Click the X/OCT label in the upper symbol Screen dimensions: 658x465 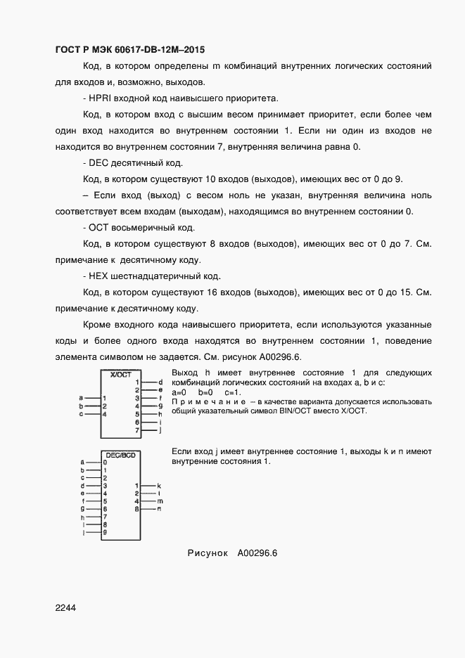[121, 375]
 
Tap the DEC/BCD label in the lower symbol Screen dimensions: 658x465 [120, 455]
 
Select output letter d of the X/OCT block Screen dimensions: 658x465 [161, 381]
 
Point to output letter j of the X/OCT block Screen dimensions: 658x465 [161, 430]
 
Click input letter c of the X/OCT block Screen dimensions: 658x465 [81, 414]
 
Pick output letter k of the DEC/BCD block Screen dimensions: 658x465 [160, 486]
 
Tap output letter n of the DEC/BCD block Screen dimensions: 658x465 [160, 508]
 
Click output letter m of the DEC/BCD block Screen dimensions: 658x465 [160, 501]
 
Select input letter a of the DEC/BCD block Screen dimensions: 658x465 [82, 463]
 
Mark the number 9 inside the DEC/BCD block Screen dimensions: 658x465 [105, 533]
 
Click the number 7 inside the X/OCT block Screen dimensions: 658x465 [137, 430]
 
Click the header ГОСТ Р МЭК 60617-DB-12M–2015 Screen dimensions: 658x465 [129, 49]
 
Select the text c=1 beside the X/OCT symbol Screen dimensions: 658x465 [233, 392]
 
